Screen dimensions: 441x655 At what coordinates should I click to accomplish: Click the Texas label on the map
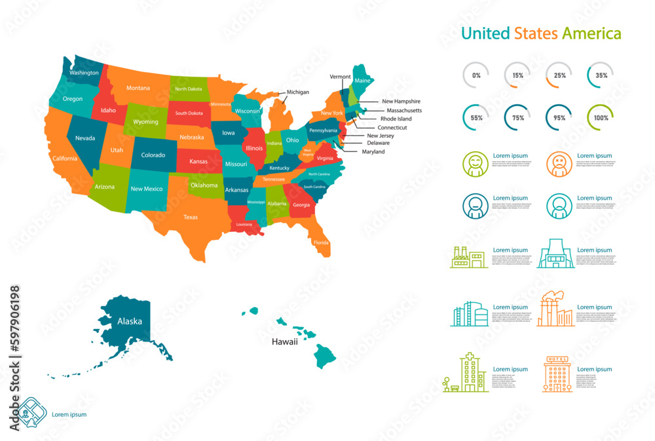[x=191, y=217]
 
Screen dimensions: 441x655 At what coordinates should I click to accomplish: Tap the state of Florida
[x=321, y=241]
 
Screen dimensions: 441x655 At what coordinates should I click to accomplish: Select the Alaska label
[x=130, y=321]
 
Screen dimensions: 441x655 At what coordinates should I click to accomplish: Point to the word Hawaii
[x=285, y=341]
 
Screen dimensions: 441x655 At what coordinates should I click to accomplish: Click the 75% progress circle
[x=517, y=118]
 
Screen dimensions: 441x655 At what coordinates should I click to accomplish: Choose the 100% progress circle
[x=601, y=118]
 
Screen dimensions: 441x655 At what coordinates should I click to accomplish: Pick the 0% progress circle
[x=476, y=75]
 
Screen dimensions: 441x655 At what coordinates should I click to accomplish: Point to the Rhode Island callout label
[x=396, y=119]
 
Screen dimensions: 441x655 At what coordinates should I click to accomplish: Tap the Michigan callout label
[x=297, y=92]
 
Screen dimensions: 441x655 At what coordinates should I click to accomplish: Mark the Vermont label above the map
[x=340, y=77]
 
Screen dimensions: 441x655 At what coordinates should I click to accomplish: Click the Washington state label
[x=84, y=73]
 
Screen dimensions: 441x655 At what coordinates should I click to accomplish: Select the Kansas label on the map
[x=198, y=161]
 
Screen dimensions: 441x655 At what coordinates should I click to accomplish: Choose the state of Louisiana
[x=244, y=225]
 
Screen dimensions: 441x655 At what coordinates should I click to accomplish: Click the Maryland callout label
[x=373, y=151]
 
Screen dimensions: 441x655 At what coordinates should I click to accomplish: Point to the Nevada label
[x=85, y=138]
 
